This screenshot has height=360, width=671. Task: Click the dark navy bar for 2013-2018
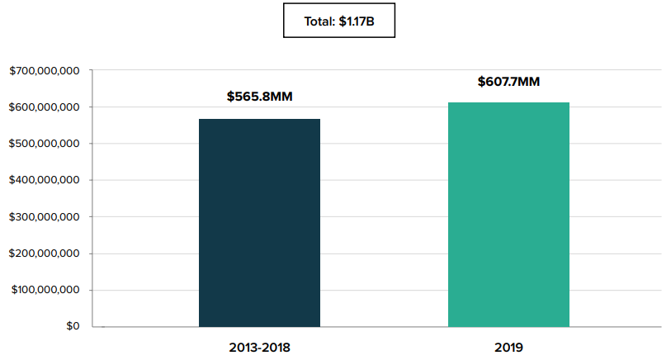(x=259, y=223)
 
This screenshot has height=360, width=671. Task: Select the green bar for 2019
(x=508, y=215)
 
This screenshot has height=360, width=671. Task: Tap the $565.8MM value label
(x=260, y=97)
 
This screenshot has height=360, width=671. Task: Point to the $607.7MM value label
(x=509, y=82)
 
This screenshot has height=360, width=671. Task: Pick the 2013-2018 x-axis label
(x=260, y=347)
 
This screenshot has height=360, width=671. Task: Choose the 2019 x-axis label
(x=509, y=347)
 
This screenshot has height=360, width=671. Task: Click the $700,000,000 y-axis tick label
(x=44, y=71)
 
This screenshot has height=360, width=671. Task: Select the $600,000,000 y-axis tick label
(x=44, y=107)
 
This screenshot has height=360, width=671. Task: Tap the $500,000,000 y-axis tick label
(x=44, y=144)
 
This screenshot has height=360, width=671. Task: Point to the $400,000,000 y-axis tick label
(x=44, y=180)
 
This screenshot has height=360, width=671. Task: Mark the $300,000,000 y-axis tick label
(x=44, y=217)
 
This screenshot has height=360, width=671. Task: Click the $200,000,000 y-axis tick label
(x=44, y=253)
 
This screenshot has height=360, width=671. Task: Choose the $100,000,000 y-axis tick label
(x=44, y=290)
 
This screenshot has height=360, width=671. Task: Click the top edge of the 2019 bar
(x=508, y=103)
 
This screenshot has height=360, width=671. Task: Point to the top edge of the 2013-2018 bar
(x=259, y=120)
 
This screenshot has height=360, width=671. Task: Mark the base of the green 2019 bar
(x=508, y=325)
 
